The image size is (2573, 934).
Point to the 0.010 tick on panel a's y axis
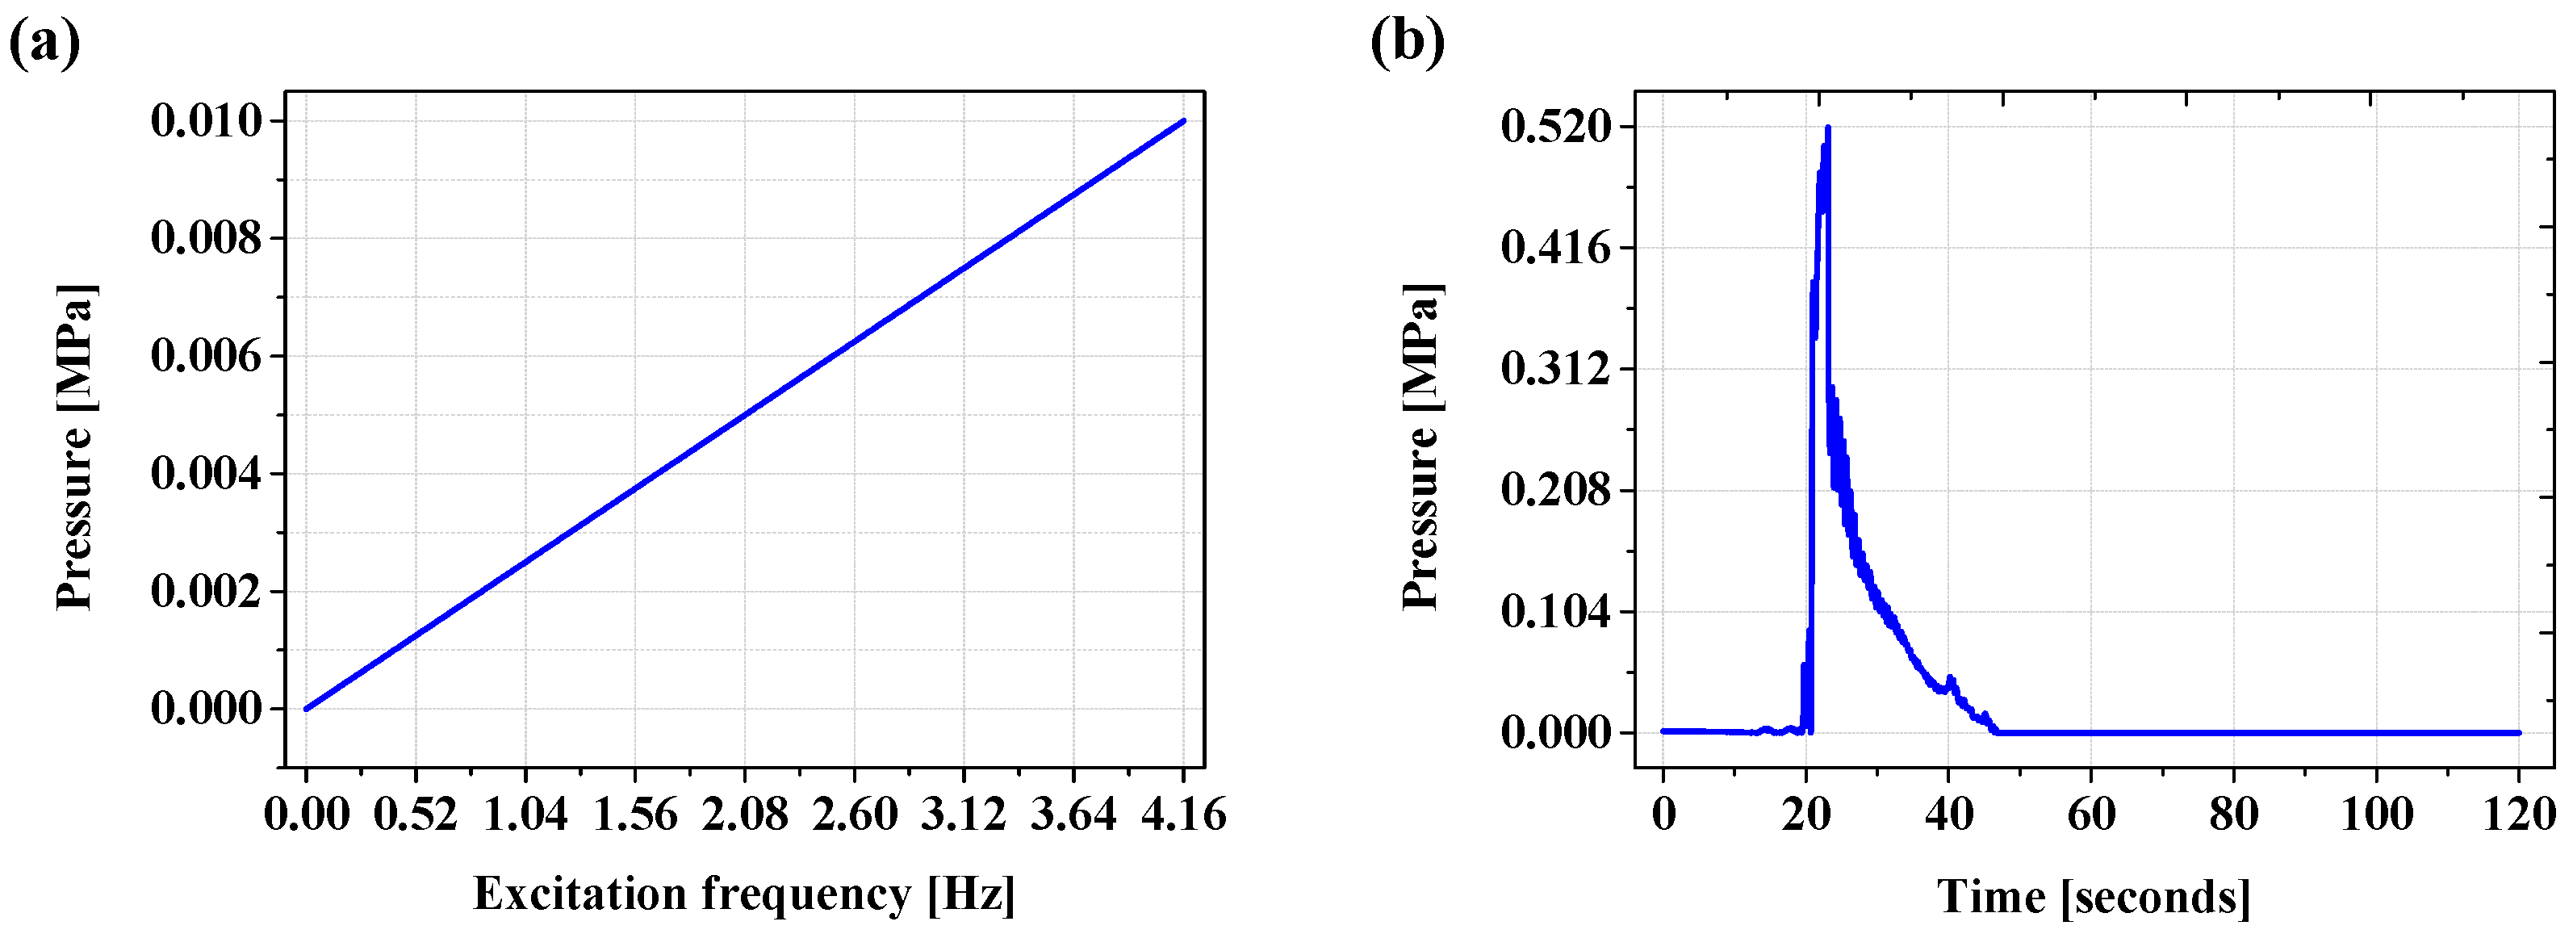pos(207,121)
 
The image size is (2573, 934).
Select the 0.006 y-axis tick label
pos(207,356)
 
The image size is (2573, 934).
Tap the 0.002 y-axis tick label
pos(207,592)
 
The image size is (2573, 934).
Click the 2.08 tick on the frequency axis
pos(744,815)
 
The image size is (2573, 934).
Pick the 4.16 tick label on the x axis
pos(1184,815)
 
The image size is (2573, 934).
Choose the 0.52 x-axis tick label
pos(416,815)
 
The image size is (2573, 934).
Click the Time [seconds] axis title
pos(2094,896)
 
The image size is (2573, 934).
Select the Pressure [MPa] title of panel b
pos(1421,446)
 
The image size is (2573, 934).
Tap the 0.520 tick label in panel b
pos(1556,127)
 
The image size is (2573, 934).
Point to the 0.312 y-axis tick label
pos(1556,369)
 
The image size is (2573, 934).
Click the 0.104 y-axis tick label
pos(1556,611)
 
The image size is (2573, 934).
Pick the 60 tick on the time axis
pos(2090,815)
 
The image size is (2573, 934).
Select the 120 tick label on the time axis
pos(2518,815)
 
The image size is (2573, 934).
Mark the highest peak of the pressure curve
pos(1828,128)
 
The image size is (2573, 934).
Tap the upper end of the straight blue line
pos(1184,121)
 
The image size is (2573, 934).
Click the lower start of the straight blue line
pos(307,708)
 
